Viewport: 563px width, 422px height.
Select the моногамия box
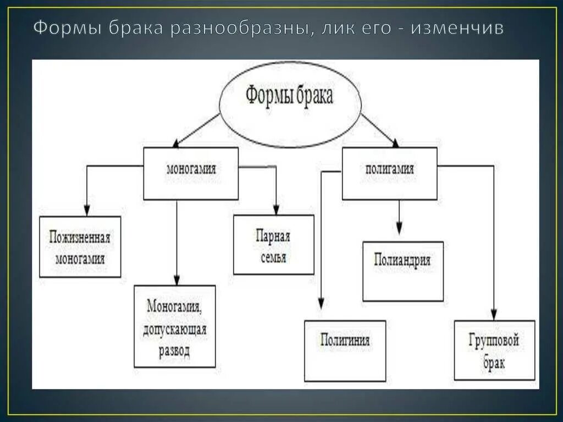point(191,173)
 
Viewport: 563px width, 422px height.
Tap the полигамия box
point(389,173)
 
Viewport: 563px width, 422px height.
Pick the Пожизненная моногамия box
point(80,246)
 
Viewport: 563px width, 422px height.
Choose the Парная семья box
point(273,244)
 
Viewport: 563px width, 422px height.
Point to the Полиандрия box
point(403,271)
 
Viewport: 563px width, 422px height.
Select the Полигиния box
point(345,350)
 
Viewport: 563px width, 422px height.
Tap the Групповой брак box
point(495,350)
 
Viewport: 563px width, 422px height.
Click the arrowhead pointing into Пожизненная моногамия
point(86,210)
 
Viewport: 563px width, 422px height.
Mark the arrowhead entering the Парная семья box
point(275,209)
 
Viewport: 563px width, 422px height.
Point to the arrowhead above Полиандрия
point(400,228)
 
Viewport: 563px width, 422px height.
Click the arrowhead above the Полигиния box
point(321,303)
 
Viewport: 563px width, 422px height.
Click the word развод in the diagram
point(174,351)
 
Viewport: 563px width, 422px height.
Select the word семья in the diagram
point(273,256)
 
